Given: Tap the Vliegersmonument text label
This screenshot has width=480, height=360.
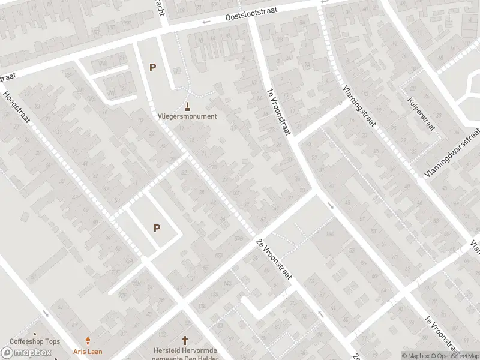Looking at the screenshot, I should [x=187, y=116].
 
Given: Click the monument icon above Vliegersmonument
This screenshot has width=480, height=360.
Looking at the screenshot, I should [x=187, y=107].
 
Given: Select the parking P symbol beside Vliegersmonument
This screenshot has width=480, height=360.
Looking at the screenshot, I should [x=152, y=68].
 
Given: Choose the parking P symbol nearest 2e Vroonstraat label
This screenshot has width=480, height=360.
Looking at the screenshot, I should [x=157, y=228].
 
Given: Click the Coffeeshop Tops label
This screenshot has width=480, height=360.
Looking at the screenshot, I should [x=35, y=342].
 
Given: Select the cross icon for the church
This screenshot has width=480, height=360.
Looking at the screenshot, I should [x=185, y=340].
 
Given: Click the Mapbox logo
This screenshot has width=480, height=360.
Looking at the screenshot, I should [x=26, y=352].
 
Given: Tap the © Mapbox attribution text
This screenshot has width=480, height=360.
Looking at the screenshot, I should [x=415, y=356].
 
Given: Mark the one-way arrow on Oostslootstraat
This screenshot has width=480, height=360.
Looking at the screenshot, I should [x=206, y=23].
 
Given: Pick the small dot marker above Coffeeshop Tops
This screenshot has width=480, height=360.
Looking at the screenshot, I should [x=35, y=334].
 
